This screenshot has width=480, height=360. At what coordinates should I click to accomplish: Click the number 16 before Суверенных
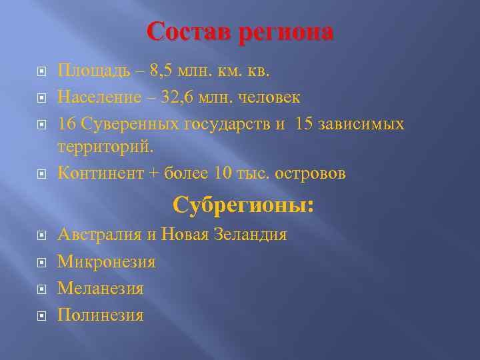tap(67, 125)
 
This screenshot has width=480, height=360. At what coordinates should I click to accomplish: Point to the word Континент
tap(100, 173)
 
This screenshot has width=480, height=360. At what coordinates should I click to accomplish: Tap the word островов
tap(309, 173)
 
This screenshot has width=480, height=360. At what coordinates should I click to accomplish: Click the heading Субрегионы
tap(243, 205)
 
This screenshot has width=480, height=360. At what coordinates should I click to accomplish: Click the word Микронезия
tap(107, 261)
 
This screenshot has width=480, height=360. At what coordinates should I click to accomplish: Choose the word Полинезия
tap(101, 315)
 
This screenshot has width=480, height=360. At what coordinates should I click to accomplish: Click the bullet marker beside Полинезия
tap(41, 315)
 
